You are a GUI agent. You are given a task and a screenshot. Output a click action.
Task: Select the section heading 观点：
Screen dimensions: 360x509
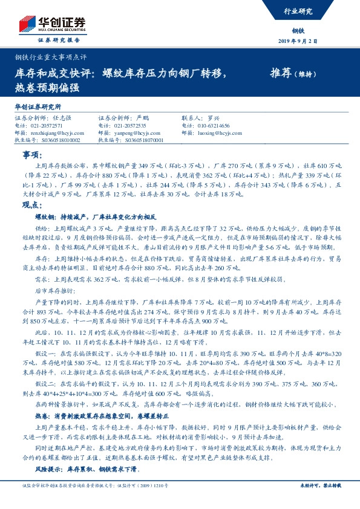point(30,205)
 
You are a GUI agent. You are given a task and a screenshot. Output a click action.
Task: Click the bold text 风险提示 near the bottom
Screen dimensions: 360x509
point(48,468)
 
